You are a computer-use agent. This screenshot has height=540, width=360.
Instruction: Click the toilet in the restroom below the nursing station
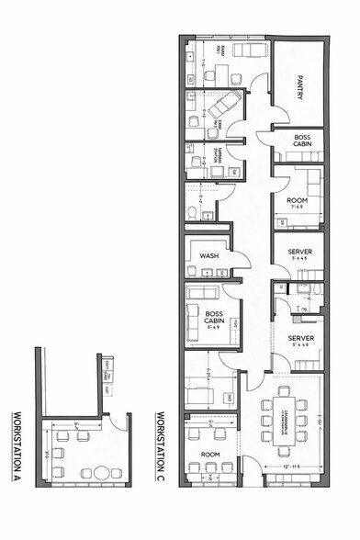pyautogui.click(x=191, y=211)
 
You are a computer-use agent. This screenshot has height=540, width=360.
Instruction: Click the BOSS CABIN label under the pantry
pyautogui.click(x=303, y=142)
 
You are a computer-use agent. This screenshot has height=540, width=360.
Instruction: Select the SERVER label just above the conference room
pyautogui.click(x=300, y=338)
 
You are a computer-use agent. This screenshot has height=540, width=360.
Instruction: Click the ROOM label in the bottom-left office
pyautogui.click(x=210, y=455)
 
